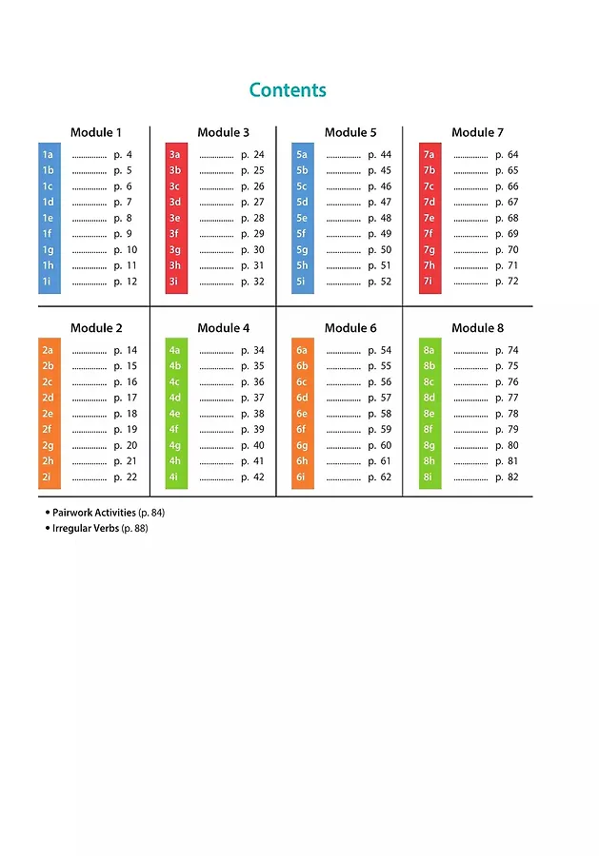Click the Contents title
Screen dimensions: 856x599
coord(288,90)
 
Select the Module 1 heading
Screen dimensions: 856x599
coord(96,132)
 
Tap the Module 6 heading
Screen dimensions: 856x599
coord(350,328)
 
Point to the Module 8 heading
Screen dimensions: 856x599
coord(477,328)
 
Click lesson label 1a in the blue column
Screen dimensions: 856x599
coord(48,155)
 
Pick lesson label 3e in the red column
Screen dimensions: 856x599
coord(174,218)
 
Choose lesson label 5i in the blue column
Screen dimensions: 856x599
coord(302,282)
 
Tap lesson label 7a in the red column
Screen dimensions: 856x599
coord(429,155)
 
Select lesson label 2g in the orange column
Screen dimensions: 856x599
coord(48,445)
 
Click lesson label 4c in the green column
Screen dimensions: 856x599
coord(174,382)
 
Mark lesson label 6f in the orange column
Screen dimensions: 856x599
coord(302,430)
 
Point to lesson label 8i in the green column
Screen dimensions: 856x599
coord(429,477)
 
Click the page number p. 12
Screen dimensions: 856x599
coord(126,282)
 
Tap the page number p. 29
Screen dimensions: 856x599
coord(252,234)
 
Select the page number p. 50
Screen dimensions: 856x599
coord(379,250)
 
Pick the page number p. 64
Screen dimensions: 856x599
coord(507,155)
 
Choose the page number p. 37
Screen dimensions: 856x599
coord(252,398)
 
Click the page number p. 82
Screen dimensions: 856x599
coord(507,477)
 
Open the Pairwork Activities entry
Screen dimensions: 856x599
coord(93,513)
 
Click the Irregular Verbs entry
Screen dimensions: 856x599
coord(86,528)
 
